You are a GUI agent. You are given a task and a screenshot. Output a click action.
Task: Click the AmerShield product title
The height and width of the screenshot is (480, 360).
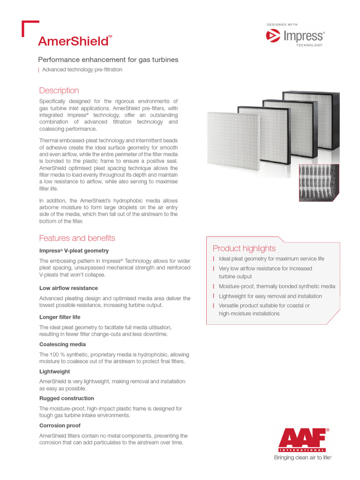tap(74, 41)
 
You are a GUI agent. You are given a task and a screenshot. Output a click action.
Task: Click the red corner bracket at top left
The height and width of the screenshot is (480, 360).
tap(28, 25)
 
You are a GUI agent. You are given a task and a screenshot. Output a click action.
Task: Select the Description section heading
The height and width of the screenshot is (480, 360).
tap(59, 90)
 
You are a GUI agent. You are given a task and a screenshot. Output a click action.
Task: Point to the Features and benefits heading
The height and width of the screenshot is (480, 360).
tap(77, 238)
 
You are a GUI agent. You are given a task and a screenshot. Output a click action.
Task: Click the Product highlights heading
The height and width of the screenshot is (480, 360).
tap(244, 248)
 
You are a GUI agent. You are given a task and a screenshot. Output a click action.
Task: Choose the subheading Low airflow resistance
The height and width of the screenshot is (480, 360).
tap(68, 288)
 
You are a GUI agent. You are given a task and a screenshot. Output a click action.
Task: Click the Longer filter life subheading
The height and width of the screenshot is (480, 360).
tap(60, 317)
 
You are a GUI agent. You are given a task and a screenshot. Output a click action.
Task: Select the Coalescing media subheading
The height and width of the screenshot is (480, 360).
tap(62, 345)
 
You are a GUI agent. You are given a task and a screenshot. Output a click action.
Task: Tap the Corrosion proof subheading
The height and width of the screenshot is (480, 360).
tap(60, 426)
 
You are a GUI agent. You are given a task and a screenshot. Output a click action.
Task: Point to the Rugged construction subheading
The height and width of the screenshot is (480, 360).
tap(67, 398)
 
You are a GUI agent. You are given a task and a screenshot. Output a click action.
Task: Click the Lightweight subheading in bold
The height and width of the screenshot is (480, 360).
tap(54, 372)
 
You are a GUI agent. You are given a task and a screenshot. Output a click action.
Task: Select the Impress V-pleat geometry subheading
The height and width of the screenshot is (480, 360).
tap(74, 251)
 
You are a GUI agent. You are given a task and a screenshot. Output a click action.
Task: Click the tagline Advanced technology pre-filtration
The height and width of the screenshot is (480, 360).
tap(82, 70)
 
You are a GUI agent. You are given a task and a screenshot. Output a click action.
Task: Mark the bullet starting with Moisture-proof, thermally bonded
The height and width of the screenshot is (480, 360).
tap(277, 286)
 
